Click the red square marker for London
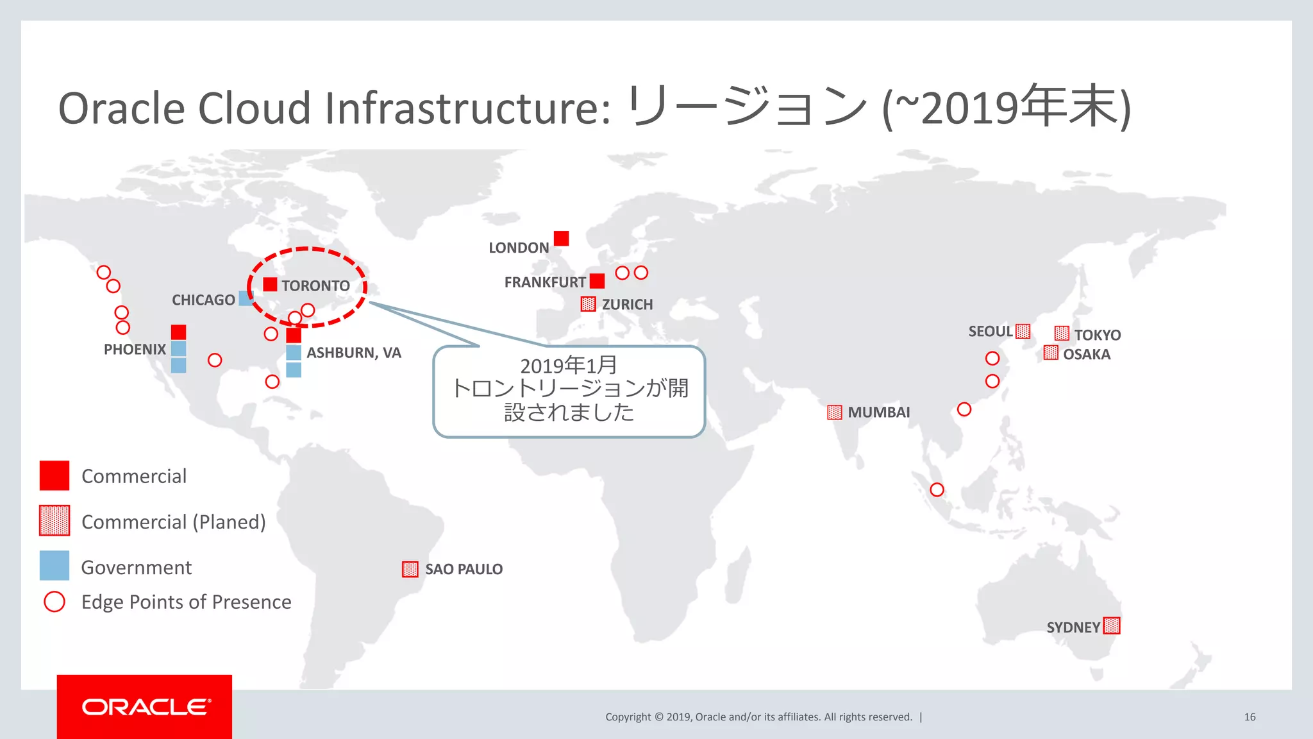click(561, 239)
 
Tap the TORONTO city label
click(315, 286)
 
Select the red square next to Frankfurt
click(597, 281)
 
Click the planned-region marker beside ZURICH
click(588, 304)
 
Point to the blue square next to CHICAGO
click(246, 298)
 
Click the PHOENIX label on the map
click(135, 350)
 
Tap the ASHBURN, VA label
click(354, 353)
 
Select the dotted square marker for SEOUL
click(1023, 331)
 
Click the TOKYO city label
click(1098, 335)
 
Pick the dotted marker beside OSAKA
click(1051, 353)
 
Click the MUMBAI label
click(878, 412)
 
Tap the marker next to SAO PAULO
click(410, 569)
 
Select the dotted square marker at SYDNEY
click(1112, 625)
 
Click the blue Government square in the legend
click(54, 566)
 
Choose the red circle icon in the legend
click(54, 602)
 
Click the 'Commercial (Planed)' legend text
click(174, 522)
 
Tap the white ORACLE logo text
click(145, 707)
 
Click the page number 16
click(1250, 717)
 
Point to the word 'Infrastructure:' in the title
click(467, 108)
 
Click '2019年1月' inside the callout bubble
click(568, 366)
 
